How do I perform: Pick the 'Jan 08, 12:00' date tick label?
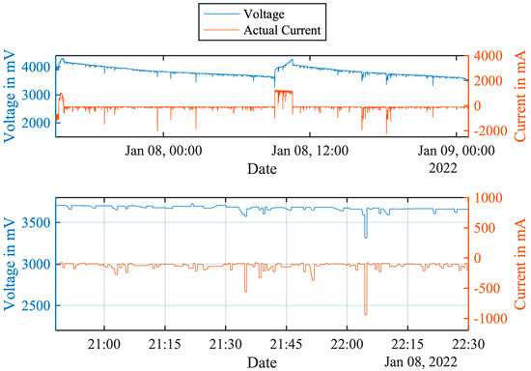coord(309,151)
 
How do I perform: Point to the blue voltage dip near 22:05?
coord(366,234)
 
